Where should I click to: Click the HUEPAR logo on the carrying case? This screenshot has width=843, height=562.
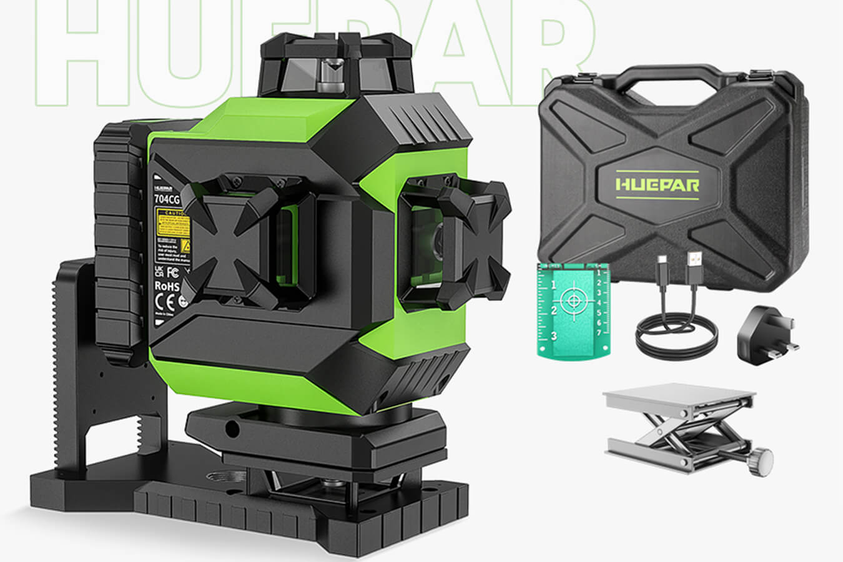658,184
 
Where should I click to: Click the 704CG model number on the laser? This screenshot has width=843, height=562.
167,200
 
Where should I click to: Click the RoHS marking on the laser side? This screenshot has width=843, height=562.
167,287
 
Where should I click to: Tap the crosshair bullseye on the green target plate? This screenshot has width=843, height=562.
572,301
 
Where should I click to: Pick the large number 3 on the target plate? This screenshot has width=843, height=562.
553,336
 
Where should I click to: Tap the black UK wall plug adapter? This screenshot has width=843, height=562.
766,338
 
